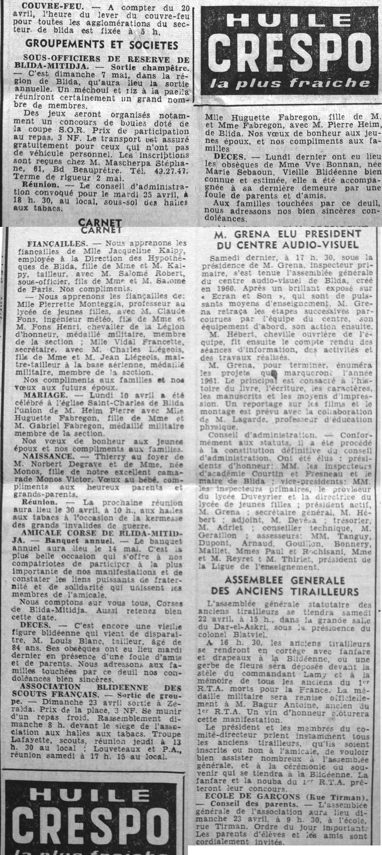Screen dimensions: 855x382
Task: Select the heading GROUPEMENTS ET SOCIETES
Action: (102, 45)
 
